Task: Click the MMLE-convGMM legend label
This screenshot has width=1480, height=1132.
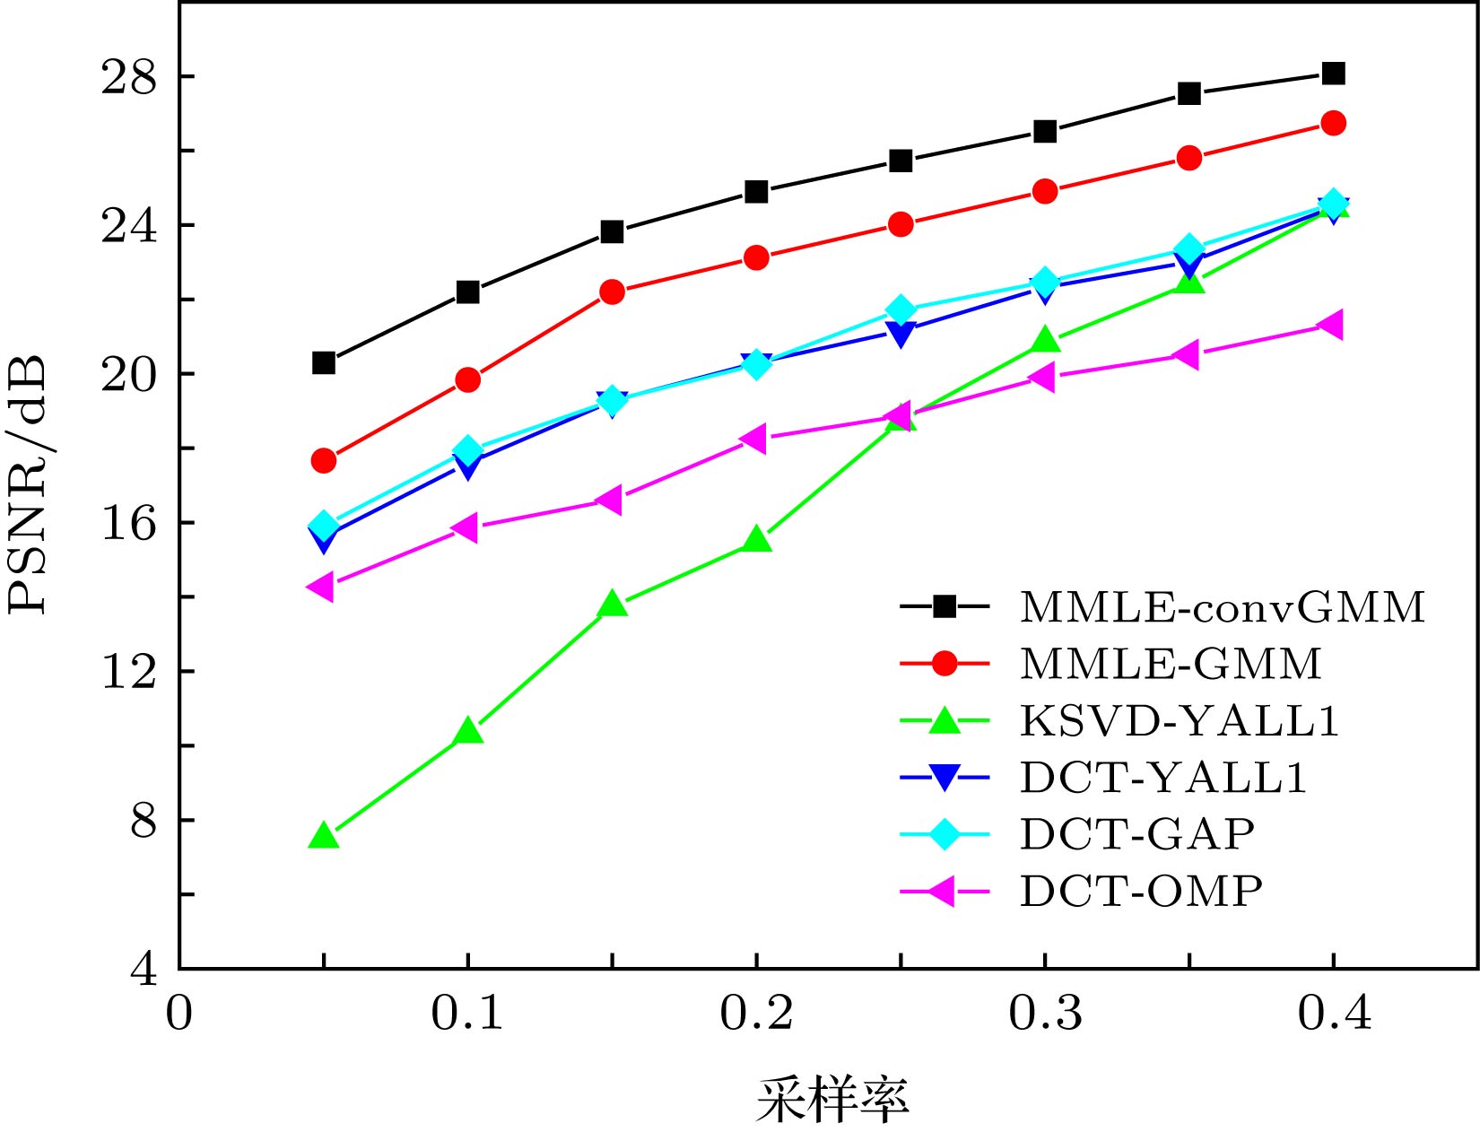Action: tap(1222, 607)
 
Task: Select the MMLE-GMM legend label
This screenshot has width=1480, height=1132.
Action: tap(1171, 664)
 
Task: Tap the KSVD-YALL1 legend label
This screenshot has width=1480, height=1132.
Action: tap(1180, 720)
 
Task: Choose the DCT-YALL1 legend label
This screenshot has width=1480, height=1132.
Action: tap(1163, 777)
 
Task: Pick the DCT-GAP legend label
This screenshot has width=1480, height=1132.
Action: tap(1136, 834)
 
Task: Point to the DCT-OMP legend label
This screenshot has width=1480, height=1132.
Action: tap(1141, 891)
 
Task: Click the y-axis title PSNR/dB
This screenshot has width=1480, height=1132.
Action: tap(27, 484)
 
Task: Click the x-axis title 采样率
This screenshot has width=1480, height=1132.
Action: tap(832, 1100)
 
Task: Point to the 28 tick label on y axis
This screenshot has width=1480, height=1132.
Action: tap(128, 77)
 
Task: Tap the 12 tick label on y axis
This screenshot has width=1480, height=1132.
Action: tap(128, 671)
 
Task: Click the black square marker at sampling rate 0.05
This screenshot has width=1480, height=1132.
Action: tap(324, 362)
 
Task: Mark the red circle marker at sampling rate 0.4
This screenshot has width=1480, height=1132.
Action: tap(1333, 123)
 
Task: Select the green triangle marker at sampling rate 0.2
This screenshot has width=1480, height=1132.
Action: tap(756, 540)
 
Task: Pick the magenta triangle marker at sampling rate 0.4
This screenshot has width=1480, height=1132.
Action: tap(1331, 325)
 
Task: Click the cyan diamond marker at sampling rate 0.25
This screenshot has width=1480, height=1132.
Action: tap(901, 311)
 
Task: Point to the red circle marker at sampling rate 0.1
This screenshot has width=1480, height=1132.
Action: tap(467, 379)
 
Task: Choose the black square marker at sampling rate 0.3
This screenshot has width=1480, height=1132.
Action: tap(1045, 131)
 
